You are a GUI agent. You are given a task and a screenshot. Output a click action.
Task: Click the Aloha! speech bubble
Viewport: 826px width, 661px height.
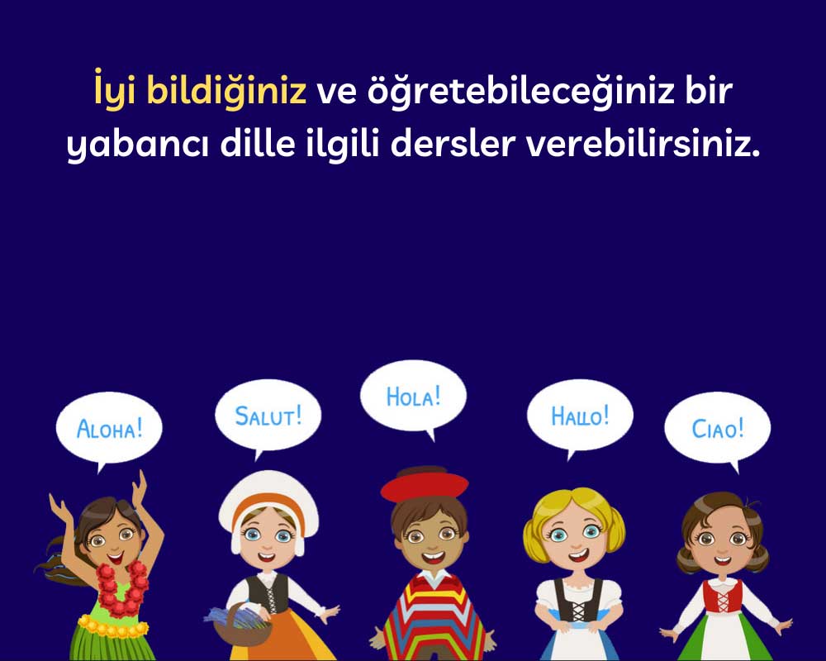pos(109,428)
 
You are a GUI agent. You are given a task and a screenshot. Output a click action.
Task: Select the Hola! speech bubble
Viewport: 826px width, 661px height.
pos(413,397)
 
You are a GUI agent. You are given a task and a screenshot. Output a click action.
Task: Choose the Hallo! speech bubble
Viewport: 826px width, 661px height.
pos(580,414)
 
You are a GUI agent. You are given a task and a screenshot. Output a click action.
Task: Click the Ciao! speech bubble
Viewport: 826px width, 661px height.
pos(717,428)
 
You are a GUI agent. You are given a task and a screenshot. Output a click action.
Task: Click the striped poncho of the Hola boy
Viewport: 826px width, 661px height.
pos(430,620)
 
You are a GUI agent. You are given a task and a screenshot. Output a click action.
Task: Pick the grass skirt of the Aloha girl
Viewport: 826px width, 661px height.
pos(103,644)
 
